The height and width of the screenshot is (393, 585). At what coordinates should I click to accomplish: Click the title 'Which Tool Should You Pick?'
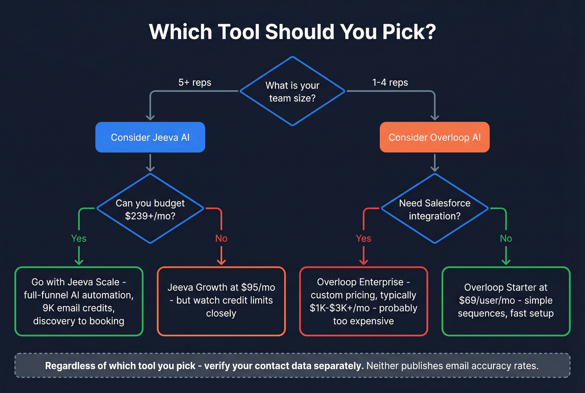(x=292, y=32)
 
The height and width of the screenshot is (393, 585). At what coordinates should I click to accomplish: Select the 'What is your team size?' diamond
(x=292, y=91)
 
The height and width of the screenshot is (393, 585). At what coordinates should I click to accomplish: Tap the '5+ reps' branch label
(x=195, y=82)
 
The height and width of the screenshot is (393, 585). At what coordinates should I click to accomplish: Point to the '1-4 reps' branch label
(x=390, y=82)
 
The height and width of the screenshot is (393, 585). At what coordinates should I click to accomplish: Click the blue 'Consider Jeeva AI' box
(x=150, y=137)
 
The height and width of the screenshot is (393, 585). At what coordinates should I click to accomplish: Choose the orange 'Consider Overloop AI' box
(x=435, y=137)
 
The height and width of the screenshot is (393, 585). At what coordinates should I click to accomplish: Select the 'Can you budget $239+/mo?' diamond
(x=150, y=209)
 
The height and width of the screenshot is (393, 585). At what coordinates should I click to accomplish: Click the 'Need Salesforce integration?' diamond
(x=435, y=209)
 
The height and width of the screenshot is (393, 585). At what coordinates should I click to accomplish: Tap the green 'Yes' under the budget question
(x=79, y=238)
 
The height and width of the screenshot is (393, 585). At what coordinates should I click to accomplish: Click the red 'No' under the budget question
(x=221, y=238)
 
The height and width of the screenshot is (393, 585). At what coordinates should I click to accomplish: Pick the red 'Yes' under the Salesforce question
(x=364, y=238)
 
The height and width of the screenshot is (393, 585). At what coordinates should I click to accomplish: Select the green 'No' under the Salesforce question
(x=506, y=238)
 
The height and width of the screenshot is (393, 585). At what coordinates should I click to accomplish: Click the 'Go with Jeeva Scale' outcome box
(x=79, y=301)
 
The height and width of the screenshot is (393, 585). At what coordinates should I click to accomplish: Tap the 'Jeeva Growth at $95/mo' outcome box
(x=221, y=301)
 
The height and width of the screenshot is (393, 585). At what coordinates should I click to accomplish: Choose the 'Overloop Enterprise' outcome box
(x=364, y=301)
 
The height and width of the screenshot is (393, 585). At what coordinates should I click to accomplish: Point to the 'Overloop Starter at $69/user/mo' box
(x=506, y=301)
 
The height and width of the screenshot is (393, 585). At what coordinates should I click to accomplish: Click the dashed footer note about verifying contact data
(x=292, y=365)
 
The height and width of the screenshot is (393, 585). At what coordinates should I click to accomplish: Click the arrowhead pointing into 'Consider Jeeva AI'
(x=150, y=117)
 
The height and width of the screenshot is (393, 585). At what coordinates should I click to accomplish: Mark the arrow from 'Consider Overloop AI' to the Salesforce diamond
(x=435, y=163)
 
